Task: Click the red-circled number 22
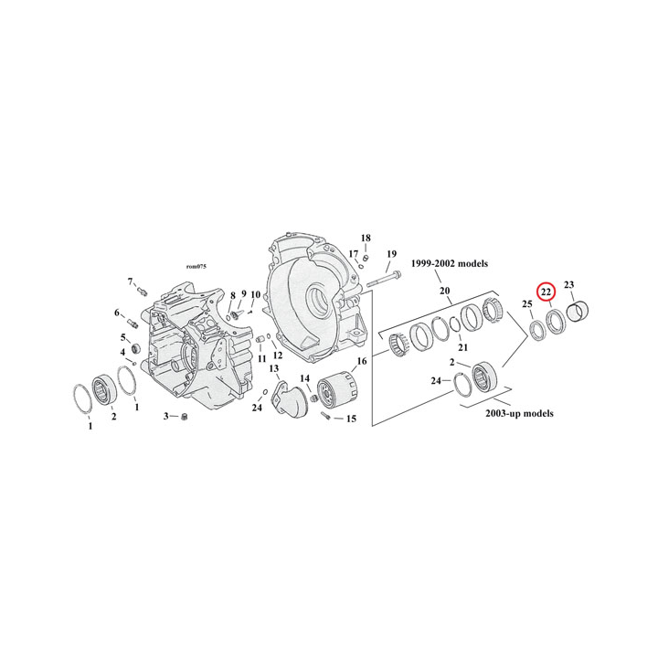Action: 546,292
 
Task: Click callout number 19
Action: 390,253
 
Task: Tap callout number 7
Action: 130,281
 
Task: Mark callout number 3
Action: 166,417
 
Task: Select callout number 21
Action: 462,348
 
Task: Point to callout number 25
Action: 527,303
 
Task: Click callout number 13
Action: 273,368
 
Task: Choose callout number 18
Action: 365,238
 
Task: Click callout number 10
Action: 256,294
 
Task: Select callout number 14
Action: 305,377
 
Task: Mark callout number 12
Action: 278,355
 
